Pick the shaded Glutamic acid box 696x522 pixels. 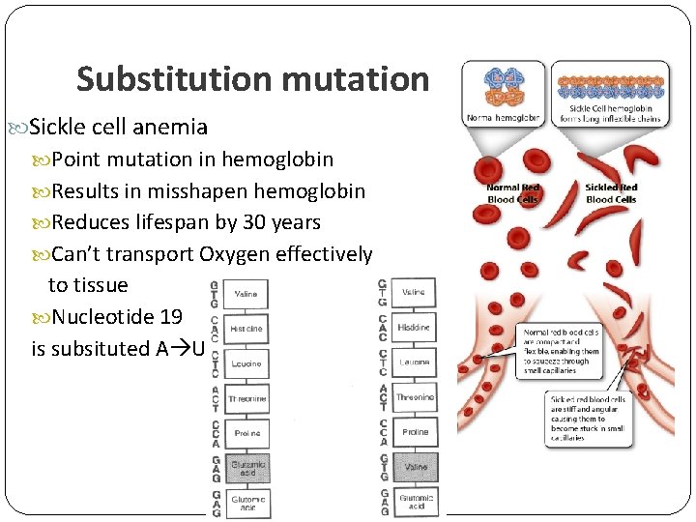(x=246, y=468)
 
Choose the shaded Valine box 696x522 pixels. (x=415, y=468)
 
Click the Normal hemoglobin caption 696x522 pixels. (x=502, y=118)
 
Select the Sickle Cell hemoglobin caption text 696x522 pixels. (x=610, y=115)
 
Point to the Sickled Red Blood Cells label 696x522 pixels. (x=610, y=192)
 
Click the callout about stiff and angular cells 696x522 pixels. (x=588, y=418)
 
